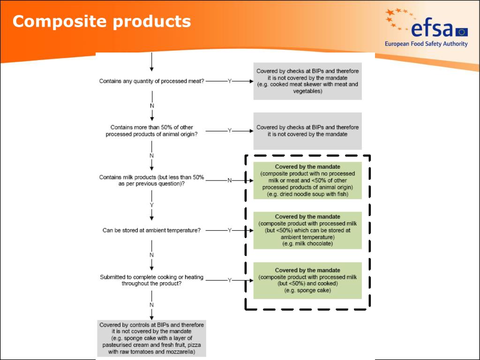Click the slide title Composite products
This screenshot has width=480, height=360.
click(102, 22)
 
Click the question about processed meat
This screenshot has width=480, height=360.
click(151, 81)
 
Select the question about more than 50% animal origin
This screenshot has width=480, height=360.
click(151, 131)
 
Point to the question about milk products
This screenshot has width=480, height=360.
click(151, 180)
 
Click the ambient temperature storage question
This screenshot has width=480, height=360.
click(151, 230)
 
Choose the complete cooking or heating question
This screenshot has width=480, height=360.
click(151, 280)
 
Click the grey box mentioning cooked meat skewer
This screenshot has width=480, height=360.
click(307, 81)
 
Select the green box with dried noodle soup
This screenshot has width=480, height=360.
click(307, 180)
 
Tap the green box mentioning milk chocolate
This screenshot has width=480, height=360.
click(307, 230)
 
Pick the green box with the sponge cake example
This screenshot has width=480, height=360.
click(307, 280)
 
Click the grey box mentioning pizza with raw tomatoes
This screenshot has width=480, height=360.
click(151, 338)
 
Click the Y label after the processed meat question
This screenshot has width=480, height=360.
click(229, 81)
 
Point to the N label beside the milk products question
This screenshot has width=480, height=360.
click(229, 180)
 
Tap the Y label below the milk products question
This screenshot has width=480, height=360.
click(151, 205)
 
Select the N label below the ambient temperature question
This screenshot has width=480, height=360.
click(151, 255)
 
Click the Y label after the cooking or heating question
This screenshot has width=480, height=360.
click(229, 280)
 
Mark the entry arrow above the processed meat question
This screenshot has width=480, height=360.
click(151, 62)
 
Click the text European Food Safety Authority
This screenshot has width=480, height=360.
click(426, 44)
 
